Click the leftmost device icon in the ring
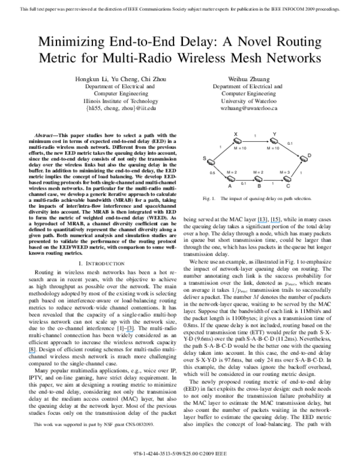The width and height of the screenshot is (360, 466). point(211,162)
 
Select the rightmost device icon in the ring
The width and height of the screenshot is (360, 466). point(304,159)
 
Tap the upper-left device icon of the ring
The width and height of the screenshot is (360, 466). point(238,141)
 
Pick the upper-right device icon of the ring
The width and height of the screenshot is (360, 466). point(274,141)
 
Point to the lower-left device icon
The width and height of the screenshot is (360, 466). point(232,178)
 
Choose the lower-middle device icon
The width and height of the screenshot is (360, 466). point(259,178)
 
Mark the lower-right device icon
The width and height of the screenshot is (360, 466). point(287,178)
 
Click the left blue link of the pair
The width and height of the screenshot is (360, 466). point(262,223)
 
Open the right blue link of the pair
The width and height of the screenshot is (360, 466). point(275,223)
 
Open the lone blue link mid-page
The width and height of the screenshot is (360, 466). point(130,332)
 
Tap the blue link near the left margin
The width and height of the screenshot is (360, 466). point(31,353)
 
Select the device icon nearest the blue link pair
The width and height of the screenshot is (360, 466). point(259,178)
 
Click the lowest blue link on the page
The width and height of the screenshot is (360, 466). point(31,353)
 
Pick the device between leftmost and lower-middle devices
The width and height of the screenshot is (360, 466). point(232,178)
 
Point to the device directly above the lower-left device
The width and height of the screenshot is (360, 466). point(238,141)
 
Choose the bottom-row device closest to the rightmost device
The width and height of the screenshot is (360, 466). point(287,178)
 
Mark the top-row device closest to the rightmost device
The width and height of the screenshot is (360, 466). point(274,141)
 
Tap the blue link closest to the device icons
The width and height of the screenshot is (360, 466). point(262,223)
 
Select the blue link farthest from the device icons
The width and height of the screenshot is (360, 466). point(31,353)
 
